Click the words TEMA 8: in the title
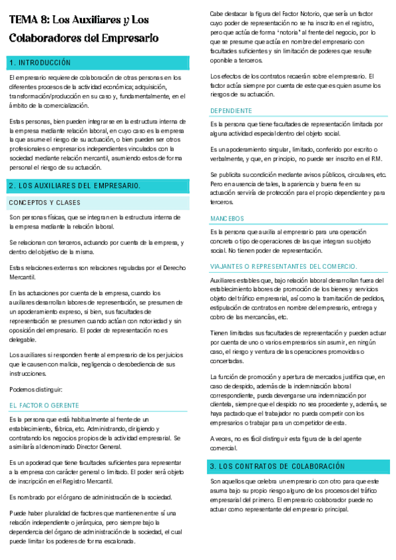click(28, 21)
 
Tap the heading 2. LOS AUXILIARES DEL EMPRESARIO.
click(74, 185)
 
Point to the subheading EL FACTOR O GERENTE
click(44, 405)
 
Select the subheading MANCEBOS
click(227, 218)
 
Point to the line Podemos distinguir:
click(36, 389)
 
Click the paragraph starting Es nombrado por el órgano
click(91, 479)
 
